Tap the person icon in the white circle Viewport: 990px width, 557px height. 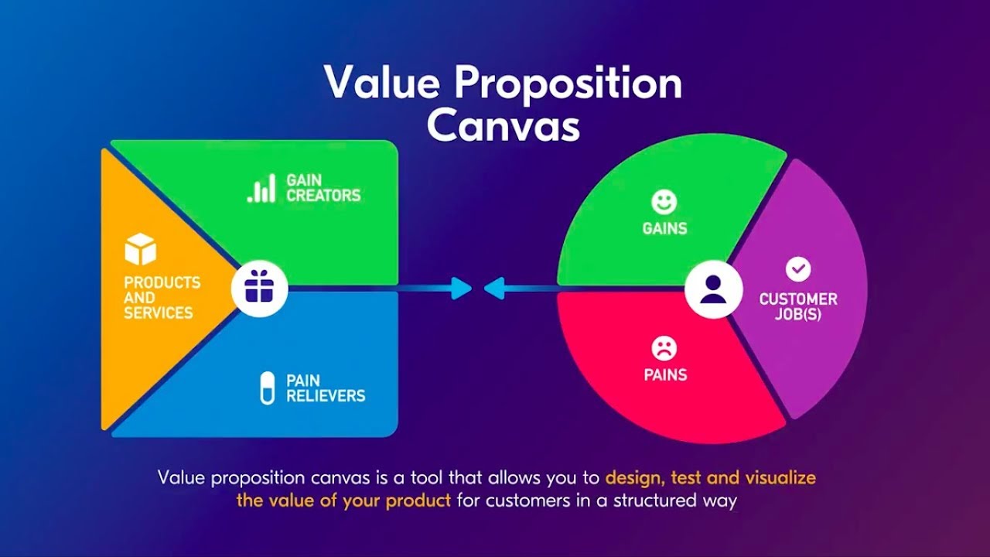coord(713,289)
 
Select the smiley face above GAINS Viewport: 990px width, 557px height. coord(664,203)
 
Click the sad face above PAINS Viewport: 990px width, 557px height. coord(664,349)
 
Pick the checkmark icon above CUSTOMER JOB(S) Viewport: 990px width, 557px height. coord(798,269)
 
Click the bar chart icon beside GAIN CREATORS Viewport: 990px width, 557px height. coord(261,188)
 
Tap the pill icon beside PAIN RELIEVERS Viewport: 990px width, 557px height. coord(268,388)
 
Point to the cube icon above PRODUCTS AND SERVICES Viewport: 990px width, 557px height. coord(141,250)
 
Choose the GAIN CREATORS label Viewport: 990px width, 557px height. coord(323,188)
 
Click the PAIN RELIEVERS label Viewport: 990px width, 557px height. coord(325,388)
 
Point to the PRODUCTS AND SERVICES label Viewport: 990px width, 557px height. coord(162,298)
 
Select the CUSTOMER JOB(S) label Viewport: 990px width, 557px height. coord(798,307)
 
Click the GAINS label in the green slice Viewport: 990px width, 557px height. coord(664,229)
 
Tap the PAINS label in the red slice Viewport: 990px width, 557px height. coord(665,375)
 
